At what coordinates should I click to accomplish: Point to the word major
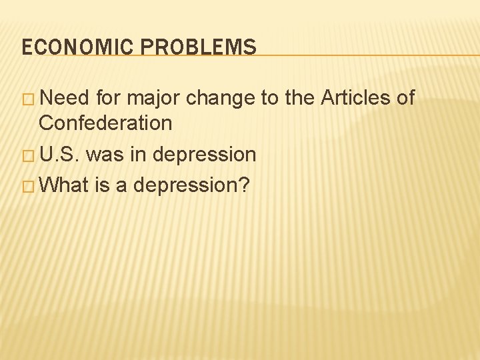click(153, 99)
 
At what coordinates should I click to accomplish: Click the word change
click(221, 99)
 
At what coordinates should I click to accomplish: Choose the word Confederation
click(105, 123)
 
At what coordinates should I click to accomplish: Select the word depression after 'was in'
click(203, 155)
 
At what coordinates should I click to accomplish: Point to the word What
click(64, 185)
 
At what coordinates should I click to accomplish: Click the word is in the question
click(102, 185)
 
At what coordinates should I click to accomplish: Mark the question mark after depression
click(244, 185)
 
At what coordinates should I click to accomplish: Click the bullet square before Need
click(27, 99)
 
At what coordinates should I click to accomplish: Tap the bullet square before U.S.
click(27, 155)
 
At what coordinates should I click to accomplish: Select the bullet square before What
click(27, 185)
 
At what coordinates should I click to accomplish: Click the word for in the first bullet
click(109, 99)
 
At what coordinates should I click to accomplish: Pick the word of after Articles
click(405, 99)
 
